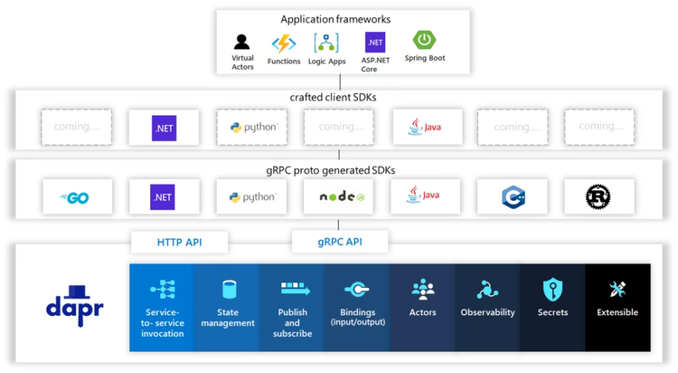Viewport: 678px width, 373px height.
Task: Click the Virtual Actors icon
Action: pos(241,42)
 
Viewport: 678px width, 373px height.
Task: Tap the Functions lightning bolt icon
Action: pos(284,43)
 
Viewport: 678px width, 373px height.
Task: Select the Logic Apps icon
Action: pos(326,43)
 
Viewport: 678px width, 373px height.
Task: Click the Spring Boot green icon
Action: pos(424,40)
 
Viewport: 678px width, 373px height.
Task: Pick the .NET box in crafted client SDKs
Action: pos(164,128)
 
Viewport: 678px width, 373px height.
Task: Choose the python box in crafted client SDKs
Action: pos(252,128)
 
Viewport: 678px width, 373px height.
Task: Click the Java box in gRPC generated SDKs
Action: pos(425,196)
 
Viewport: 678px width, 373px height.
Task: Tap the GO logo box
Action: pos(77,196)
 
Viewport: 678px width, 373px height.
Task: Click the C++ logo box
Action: pos(513,196)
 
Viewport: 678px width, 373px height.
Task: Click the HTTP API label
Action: pos(179,242)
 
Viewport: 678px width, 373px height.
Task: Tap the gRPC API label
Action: pos(339,242)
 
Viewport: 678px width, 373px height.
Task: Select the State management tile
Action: pos(227,307)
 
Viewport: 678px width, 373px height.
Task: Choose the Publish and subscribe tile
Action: pos(292,307)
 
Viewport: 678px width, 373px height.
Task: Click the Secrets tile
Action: pos(552,307)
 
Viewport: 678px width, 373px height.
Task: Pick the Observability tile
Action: pos(487,307)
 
